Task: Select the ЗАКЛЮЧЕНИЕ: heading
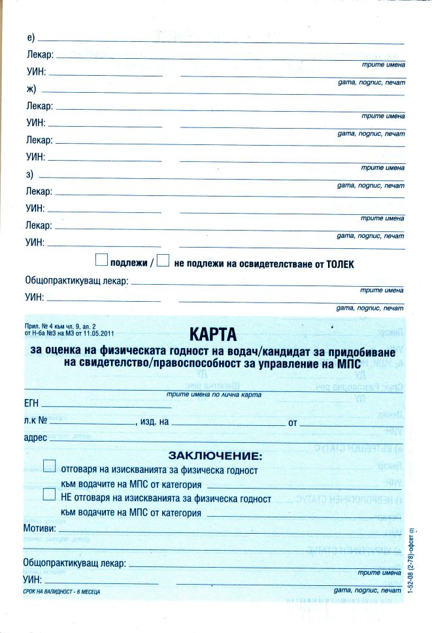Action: [x=215, y=455]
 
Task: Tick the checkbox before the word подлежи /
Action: [x=101, y=261]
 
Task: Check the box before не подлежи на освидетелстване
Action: [x=163, y=261]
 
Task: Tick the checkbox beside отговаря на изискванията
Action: [x=49, y=466]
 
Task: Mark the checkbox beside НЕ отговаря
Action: [x=49, y=495]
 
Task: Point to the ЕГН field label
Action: [x=32, y=405]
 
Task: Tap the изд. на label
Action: [x=153, y=422]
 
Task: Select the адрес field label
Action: [x=35, y=438]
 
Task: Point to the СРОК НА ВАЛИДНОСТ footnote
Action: [x=62, y=592]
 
